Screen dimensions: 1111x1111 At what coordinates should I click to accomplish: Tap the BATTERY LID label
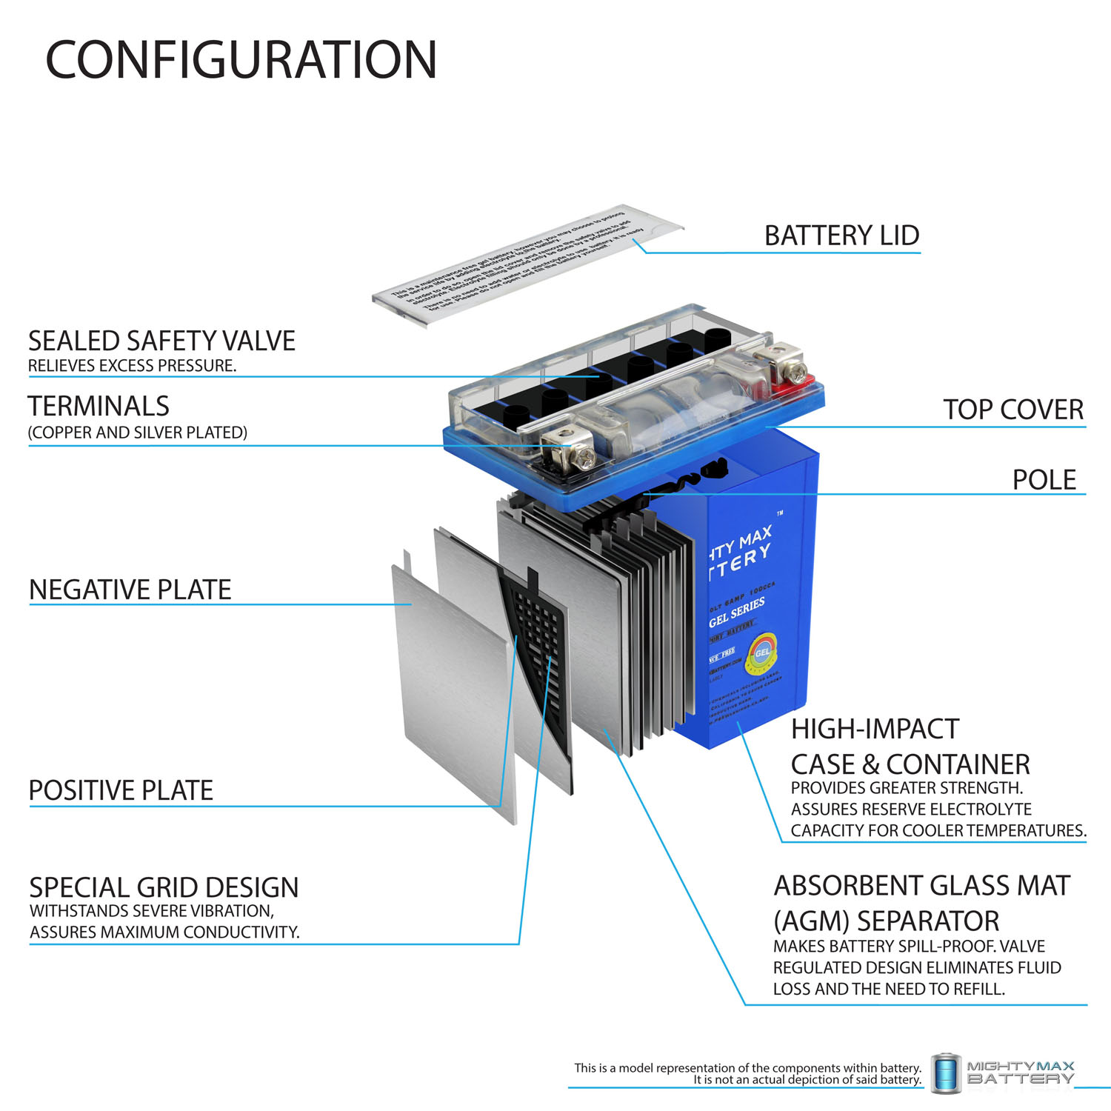[841, 236]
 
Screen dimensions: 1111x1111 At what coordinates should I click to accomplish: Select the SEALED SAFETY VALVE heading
[161, 341]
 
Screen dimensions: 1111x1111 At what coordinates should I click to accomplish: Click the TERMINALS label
[99, 406]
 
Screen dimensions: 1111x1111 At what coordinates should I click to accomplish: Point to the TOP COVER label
[1012, 410]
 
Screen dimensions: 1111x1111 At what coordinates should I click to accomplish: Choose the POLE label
[1044, 480]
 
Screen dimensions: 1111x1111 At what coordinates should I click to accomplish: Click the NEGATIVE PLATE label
[130, 590]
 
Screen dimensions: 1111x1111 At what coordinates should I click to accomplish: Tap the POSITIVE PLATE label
[121, 790]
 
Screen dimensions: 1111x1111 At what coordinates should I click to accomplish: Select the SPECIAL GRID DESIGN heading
[164, 887]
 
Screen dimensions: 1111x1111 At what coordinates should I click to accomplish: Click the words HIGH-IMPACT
[875, 729]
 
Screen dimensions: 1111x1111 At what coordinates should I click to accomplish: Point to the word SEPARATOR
[927, 921]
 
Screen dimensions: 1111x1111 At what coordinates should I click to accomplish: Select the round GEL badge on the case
[762, 652]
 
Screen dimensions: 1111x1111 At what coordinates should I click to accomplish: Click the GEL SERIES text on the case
[736, 613]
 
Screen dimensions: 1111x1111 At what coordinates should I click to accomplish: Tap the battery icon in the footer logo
[946, 1072]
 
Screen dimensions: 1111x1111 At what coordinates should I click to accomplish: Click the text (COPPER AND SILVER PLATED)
[137, 433]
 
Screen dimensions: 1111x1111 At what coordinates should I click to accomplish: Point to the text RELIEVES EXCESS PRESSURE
[132, 366]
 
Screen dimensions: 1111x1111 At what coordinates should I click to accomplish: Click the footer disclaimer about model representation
[747, 1073]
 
